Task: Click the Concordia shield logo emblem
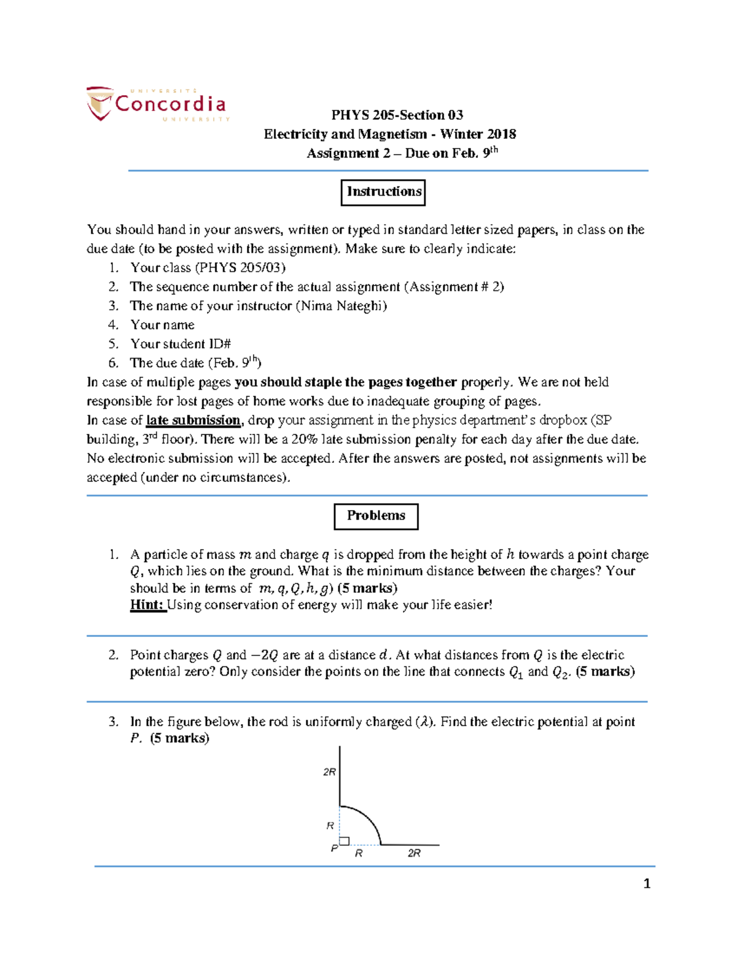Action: click(x=99, y=104)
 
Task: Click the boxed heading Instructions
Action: click(x=383, y=192)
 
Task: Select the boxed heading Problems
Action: click(x=376, y=516)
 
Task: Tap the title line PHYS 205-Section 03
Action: click(x=397, y=115)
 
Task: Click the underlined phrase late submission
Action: click(x=193, y=420)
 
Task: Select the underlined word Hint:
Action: click(x=147, y=605)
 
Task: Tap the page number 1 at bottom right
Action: click(x=646, y=884)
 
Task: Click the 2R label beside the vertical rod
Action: click(x=329, y=772)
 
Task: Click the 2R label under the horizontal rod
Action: click(x=414, y=854)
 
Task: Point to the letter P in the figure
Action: click(x=334, y=848)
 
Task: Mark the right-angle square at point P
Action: click(x=345, y=841)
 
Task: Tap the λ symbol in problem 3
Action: click(x=423, y=722)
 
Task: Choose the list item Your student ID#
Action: click(x=180, y=344)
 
